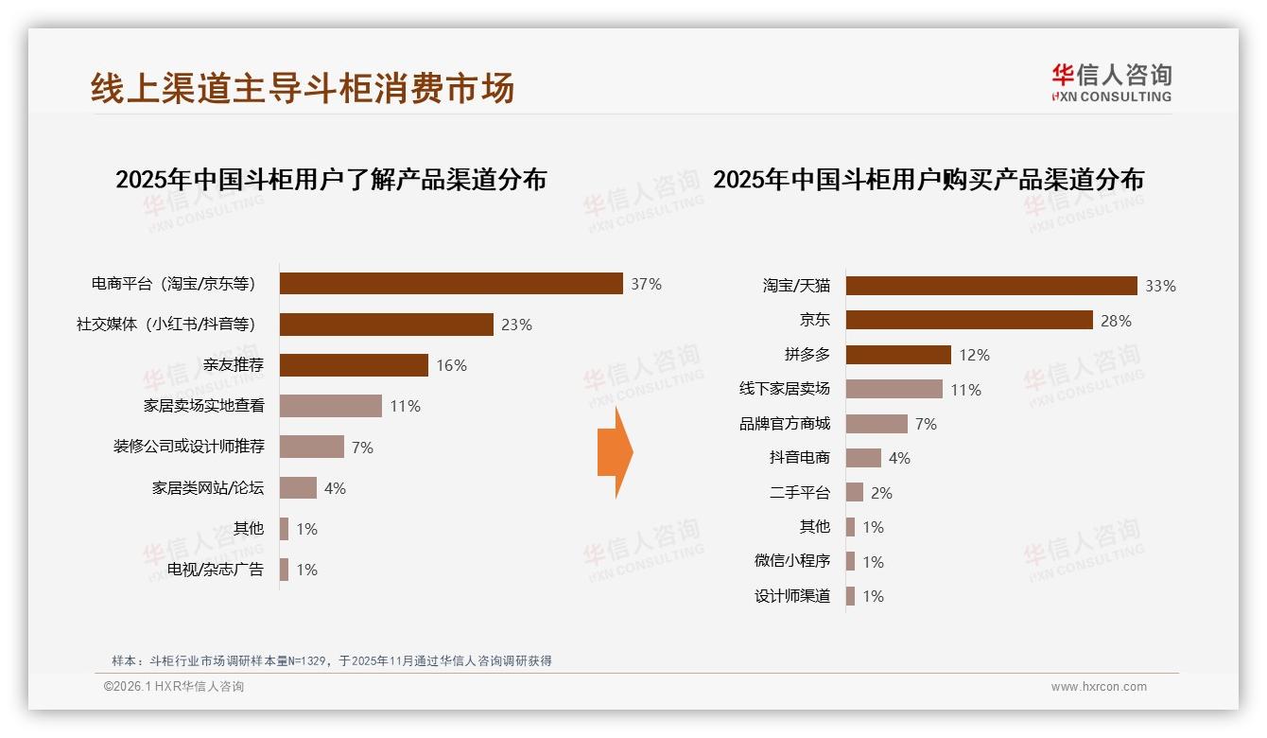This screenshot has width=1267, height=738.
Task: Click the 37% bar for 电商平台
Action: point(451,284)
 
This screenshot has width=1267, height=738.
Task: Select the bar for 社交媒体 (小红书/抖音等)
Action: point(386,325)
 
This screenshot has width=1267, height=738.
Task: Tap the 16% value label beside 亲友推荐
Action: point(451,365)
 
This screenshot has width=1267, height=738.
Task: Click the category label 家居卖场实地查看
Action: point(203,406)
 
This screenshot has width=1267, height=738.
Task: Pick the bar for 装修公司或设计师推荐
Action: point(312,447)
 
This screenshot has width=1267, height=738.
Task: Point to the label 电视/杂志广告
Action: point(216,570)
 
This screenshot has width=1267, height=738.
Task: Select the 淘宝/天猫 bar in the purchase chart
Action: point(991,286)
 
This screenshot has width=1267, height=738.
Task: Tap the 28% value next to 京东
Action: point(1116,321)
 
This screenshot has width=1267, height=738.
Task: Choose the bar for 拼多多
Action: point(898,355)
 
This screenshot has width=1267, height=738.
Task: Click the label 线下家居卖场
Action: point(785,389)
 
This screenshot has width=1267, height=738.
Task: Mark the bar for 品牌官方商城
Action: point(876,424)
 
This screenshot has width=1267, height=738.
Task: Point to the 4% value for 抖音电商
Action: point(899,458)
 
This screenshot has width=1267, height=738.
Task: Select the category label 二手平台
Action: point(800,493)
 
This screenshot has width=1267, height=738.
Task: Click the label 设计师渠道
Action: point(792,596)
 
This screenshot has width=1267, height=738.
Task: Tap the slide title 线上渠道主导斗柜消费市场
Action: point(303,88)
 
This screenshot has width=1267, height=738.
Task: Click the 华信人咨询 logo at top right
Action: point(1111,83)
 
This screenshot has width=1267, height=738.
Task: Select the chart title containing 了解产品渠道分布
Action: point(331,180)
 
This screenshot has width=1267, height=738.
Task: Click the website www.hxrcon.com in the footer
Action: point(1099,687)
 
